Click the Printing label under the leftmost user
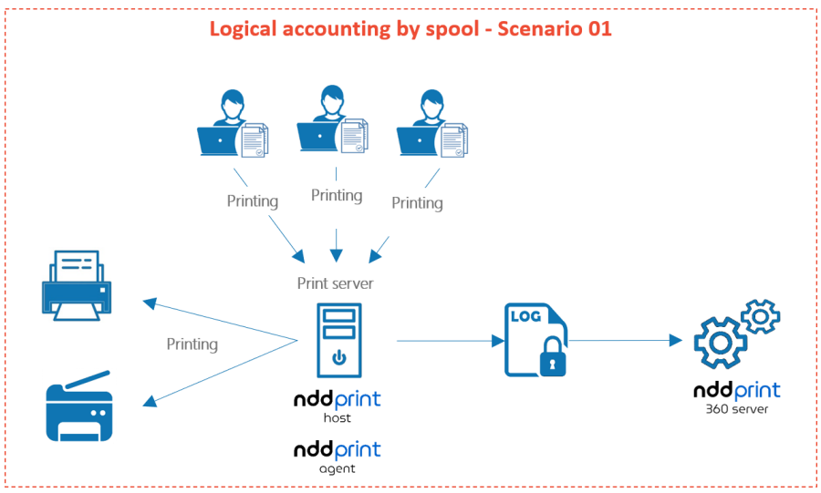tap(252, 200)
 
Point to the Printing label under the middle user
tap(337, 195)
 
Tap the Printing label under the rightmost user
tap(417, 202)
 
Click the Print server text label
tap(335, 283)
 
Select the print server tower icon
tap(338, 339)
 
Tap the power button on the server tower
tap(338, 356)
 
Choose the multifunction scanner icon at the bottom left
tap(79, 406)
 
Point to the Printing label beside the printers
tap(192, 344)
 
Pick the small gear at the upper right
tap(760, 316)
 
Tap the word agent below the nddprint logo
tap(337, 468)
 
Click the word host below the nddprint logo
tap(337, 418)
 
